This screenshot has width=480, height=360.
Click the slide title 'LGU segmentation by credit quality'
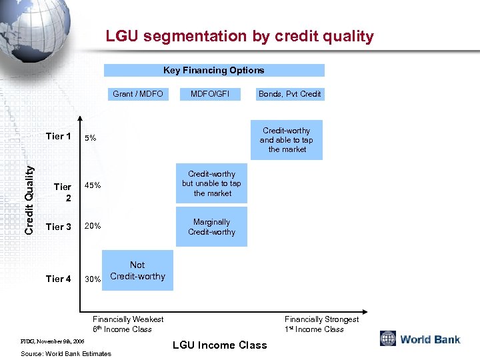[x=239, y=37]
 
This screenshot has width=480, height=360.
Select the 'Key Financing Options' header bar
[x=214, y=70]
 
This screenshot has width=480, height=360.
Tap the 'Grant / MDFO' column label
[x=138, y=94]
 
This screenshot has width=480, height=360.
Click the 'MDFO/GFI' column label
[x=209, y=94]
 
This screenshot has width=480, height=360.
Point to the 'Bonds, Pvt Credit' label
[x=289, y=94]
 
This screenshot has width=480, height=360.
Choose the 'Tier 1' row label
[x=59, y=137]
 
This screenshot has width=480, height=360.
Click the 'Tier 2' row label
[x=63, y=192]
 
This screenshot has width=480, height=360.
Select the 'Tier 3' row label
[x=59, y=227]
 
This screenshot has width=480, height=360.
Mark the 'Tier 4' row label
[x=59, y=279]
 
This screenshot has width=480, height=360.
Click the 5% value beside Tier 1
[x=90, y=139]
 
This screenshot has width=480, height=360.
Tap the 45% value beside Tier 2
[x=93, y=185]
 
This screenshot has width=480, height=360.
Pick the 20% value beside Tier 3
[x=93, y=226]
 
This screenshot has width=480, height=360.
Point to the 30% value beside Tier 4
[x=93, y=279]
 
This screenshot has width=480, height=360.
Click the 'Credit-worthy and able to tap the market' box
[x=286, y=140]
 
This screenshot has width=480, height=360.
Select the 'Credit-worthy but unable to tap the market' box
[x=211, y=183]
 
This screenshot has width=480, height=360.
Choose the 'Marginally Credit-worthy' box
[x=211, y=227]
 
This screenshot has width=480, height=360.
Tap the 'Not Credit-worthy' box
[x=137, y=271]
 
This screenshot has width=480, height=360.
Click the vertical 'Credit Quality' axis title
[x=29, y=199]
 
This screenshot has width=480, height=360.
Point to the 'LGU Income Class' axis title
[x=219, y=345]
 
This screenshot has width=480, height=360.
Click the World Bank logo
[x=420, y=339]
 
